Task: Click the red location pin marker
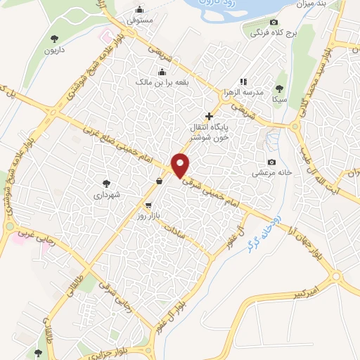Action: [181, 165]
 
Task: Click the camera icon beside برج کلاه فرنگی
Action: [274, 22]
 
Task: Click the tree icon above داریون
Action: [55, 39]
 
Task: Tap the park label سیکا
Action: [281, 100]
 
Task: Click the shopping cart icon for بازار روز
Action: [148, 205]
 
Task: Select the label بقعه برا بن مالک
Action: [162, 82]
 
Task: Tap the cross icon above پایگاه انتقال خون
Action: [208, 116]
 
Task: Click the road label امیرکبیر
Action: [307, 288]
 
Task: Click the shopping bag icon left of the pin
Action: [160, 181]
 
